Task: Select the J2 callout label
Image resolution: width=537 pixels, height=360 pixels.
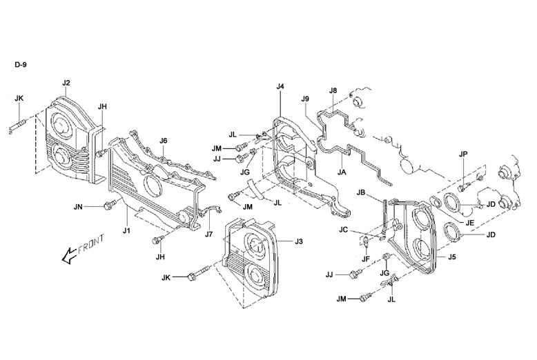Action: click(66, 83)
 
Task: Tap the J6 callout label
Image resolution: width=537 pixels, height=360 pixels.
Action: click(164, 141)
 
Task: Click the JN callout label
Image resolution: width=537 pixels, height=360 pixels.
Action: click(78, 206)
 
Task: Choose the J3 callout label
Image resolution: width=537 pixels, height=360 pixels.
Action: click(299, 241)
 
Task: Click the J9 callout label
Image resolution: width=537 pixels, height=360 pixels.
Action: click(305, 99)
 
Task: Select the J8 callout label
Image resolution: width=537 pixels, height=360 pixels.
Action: click(333, 90)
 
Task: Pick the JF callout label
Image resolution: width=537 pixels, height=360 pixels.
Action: click(367, 258)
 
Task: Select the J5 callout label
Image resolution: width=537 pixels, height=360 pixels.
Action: click(452, 257)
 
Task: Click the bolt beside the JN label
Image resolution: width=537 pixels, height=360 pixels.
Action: click(108, 205)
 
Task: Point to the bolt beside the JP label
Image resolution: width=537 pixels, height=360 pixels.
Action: click(463, 187)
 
